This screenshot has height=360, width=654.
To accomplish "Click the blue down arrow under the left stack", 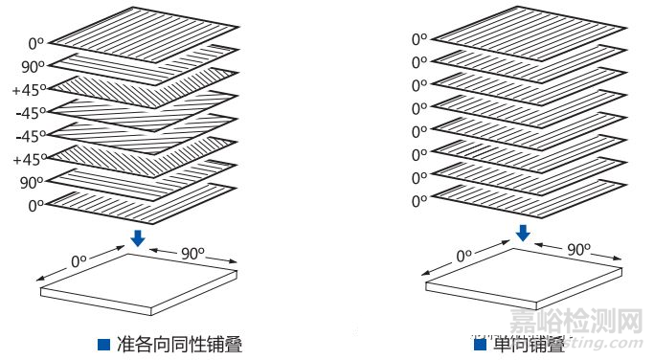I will click(x=139, y=236).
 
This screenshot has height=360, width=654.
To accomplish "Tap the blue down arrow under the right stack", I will click(x=523, y=233).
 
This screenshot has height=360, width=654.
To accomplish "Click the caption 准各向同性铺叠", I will click(x=179, y=344).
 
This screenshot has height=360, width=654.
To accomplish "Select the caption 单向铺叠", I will click(x=528, y=344).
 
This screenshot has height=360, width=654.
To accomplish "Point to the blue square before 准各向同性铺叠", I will click(x=103, y=344).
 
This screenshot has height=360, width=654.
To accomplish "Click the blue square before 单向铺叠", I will click(x=480, y=344).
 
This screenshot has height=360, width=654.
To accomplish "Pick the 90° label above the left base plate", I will click(x=194, y=254).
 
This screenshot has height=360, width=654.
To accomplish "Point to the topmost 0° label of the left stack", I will click(x=36, y=43).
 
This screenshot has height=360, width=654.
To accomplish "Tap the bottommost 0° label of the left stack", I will click(x=36, y=205).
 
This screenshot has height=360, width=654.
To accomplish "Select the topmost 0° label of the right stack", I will click(x=419, y=39).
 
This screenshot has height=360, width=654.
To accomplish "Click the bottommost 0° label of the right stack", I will click(x=419, y=201).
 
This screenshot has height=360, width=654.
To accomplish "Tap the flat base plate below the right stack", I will click(x=523, y=275).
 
